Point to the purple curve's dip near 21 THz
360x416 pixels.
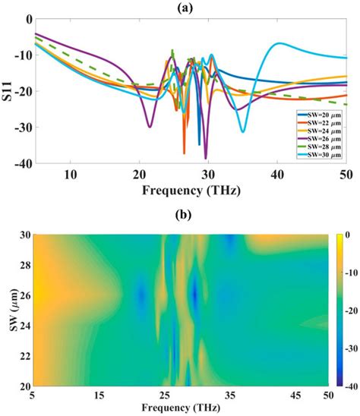(150, 127)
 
